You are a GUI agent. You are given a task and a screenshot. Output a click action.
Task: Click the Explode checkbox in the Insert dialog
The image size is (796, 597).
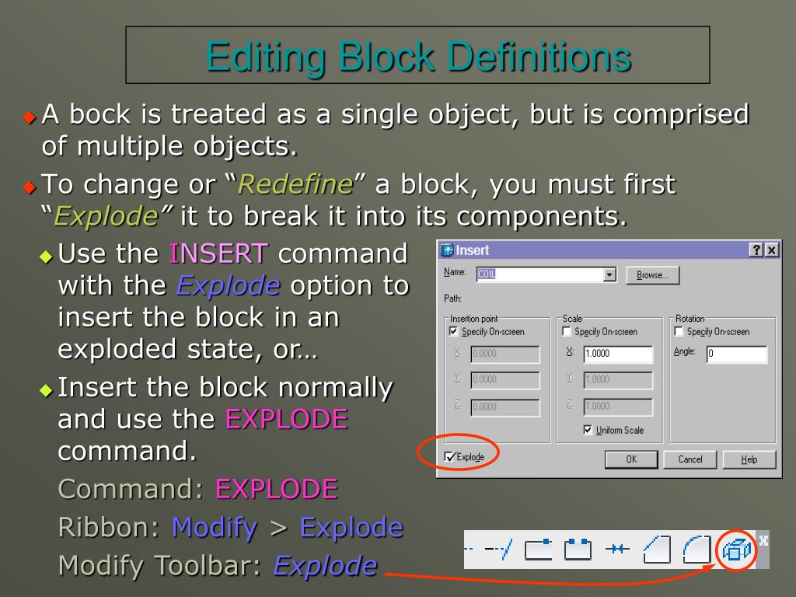(450, 457)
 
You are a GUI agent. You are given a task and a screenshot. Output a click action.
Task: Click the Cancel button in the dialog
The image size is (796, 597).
(690, 459)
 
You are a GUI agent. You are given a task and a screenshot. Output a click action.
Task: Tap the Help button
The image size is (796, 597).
(749, 459)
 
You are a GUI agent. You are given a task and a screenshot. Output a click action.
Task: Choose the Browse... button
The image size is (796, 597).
(652, 275)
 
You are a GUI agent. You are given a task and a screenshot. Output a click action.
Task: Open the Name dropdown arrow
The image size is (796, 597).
(609, 274)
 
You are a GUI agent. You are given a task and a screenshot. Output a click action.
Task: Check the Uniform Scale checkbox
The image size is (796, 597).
(588, 430)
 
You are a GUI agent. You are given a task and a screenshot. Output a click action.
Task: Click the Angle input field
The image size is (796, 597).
(736, 354)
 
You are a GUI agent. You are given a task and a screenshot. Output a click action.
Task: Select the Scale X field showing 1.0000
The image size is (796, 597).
(618, 354)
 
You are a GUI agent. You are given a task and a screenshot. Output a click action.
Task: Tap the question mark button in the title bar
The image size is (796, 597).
(756, 250)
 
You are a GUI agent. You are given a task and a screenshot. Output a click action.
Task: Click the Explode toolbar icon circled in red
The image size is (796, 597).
(735, 550)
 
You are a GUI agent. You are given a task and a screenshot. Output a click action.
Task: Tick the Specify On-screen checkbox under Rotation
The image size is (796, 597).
(679, 332)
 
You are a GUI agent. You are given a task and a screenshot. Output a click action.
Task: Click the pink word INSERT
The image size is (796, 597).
(218, 253)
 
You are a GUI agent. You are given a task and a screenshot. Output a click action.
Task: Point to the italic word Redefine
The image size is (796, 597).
(295, 185)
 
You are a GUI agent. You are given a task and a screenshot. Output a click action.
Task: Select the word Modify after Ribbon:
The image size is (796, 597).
(215, 528)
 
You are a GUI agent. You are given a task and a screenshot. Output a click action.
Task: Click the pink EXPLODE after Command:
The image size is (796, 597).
(276, 489)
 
